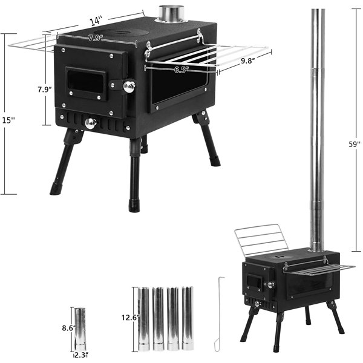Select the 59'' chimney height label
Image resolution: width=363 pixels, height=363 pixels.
[355, 145]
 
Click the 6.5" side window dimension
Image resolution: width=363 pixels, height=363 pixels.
[181, 70]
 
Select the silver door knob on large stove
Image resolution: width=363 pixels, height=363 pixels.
[129, 87]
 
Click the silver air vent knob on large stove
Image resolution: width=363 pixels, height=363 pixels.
[91, 123]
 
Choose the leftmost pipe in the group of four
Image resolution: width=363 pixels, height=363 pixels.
[144, 318]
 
